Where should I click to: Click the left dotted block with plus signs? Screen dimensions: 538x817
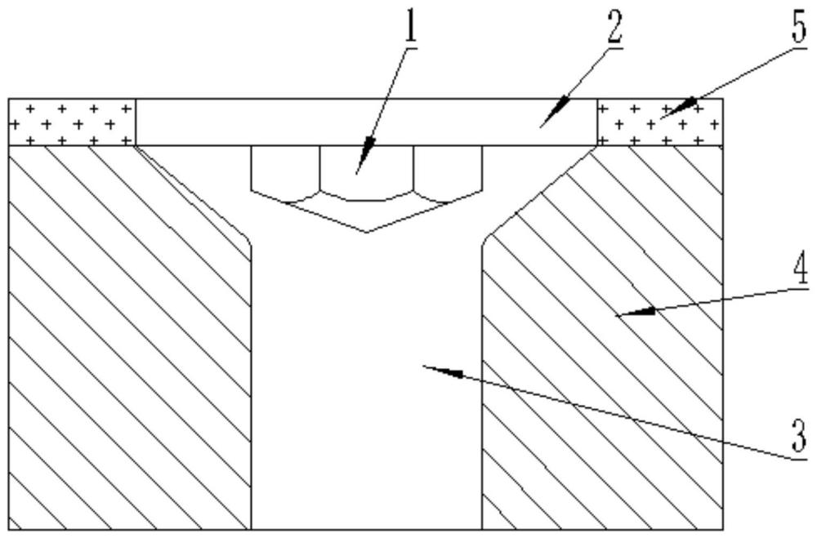point(71,122)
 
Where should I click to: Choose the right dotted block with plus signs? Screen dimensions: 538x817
point(661,122)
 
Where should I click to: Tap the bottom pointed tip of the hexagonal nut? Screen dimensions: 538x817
point(366,231)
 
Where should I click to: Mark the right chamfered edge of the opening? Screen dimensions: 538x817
point(539,192)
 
